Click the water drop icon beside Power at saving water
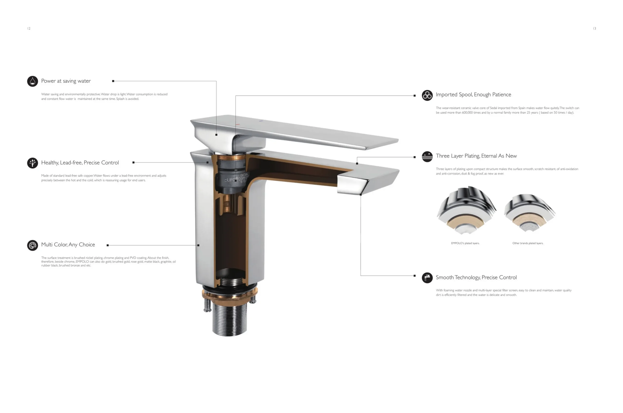point(32,81)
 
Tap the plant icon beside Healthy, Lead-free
point(32,163)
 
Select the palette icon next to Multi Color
point(32,245)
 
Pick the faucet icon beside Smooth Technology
point(427,278)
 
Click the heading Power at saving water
point(66,81)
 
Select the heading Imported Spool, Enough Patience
point(473,94)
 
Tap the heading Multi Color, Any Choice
point(68,245)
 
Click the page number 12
point(29,28)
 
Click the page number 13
point(594,28)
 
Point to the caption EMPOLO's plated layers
point(465,243)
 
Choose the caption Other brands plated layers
point(527,243)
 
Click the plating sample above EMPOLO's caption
point(466,210)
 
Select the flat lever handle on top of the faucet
point(303,132)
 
